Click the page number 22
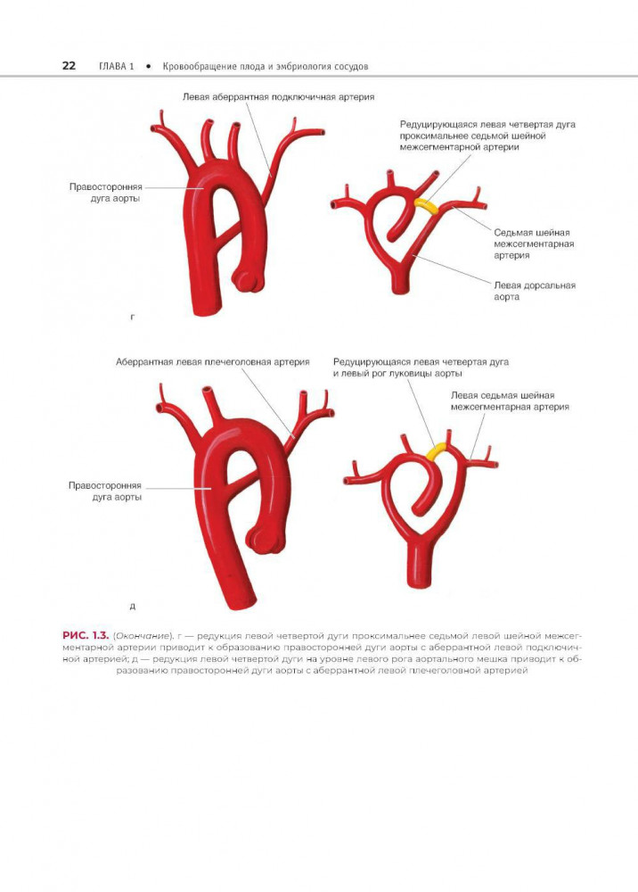68,66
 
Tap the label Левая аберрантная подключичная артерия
277,96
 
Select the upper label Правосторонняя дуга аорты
104,193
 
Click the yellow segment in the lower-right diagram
438,452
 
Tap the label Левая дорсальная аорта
534,291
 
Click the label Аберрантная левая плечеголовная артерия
212,362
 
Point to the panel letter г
132,316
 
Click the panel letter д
132,607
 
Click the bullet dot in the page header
145,67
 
